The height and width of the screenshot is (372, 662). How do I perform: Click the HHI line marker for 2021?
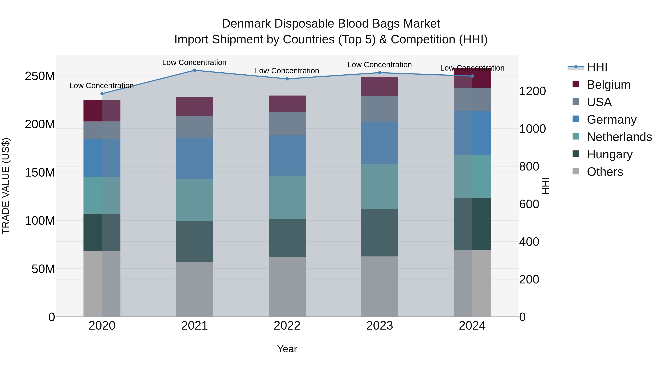[x=194, y=70]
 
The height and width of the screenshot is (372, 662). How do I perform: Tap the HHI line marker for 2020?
[x=102, y=94]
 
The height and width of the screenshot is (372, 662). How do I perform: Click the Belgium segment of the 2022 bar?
[x=287, y=104]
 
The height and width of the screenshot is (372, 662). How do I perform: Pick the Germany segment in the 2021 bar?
[x=194, y=159]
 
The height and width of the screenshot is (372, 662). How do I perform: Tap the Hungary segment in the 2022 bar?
[x=287, y=238]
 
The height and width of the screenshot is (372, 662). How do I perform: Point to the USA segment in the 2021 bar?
[x=194, y=127]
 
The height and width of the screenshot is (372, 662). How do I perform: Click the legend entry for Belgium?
[x=608, y=85]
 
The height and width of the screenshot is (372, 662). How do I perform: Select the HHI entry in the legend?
[x=597, y=67]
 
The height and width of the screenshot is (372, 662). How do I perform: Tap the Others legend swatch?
[x=576, y=171]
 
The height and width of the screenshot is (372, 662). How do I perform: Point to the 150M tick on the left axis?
[x=40, y=172]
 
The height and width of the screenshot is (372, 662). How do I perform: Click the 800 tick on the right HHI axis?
[x=529, y=166]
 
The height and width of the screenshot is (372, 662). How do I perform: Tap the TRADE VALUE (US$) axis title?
[x=6, y=186]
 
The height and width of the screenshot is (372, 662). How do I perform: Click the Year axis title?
[x=287, y=349]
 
